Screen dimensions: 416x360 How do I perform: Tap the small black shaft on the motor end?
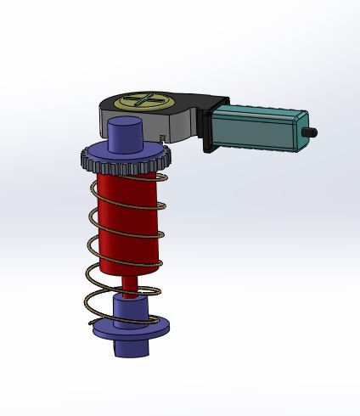[312, 132]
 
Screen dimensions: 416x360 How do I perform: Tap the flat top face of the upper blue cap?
[125, 125]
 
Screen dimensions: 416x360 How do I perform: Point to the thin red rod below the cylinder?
[127, 286]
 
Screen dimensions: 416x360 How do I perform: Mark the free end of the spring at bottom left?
[91, 324]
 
